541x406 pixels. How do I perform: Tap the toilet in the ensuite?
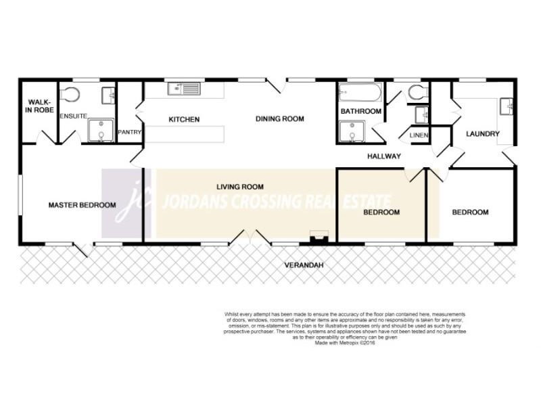70,94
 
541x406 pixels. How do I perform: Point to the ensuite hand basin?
108,95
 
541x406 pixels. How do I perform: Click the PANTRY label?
128,133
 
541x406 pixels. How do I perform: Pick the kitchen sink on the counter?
183,88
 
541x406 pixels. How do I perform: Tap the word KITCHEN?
183,120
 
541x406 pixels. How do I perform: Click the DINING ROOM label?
279,119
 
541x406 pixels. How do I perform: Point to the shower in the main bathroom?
351,132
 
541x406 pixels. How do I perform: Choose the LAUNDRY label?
483,134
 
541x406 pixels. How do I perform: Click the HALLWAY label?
384,156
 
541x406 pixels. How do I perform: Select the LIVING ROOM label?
240,187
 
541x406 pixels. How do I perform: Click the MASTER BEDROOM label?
82,205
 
